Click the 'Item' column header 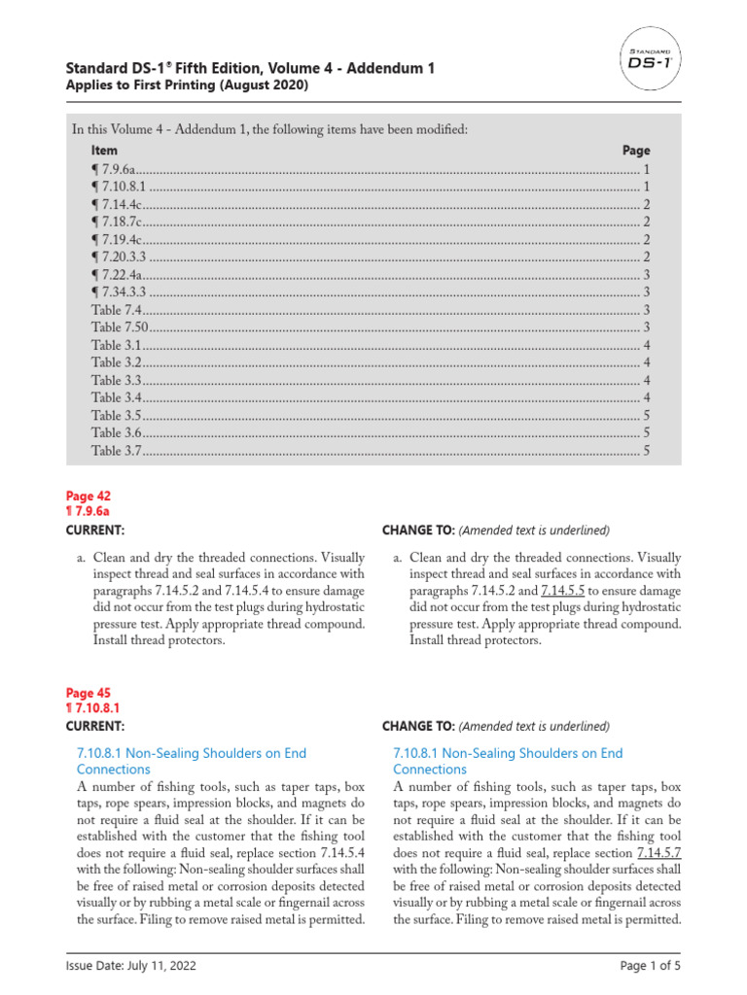(x=104, y=151)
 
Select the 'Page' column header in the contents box (x=636, y=151)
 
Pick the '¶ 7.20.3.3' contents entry (x=119, y=257)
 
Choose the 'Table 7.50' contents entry (x=121, y=327)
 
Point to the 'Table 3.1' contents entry (x=118, y=345)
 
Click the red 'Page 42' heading (x=88, y=496)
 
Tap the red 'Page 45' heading (x=88, y=693)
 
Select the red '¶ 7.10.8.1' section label (x=92, y=709)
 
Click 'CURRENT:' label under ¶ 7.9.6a (x=94, y=530)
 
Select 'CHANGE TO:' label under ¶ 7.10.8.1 (x=417, y=726)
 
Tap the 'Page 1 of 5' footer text (x=649, y=967)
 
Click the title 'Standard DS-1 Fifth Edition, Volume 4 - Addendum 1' (x=249, y=68)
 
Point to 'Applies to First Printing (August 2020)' (x=186, y=86)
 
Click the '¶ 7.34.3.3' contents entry (x=119, y=292)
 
